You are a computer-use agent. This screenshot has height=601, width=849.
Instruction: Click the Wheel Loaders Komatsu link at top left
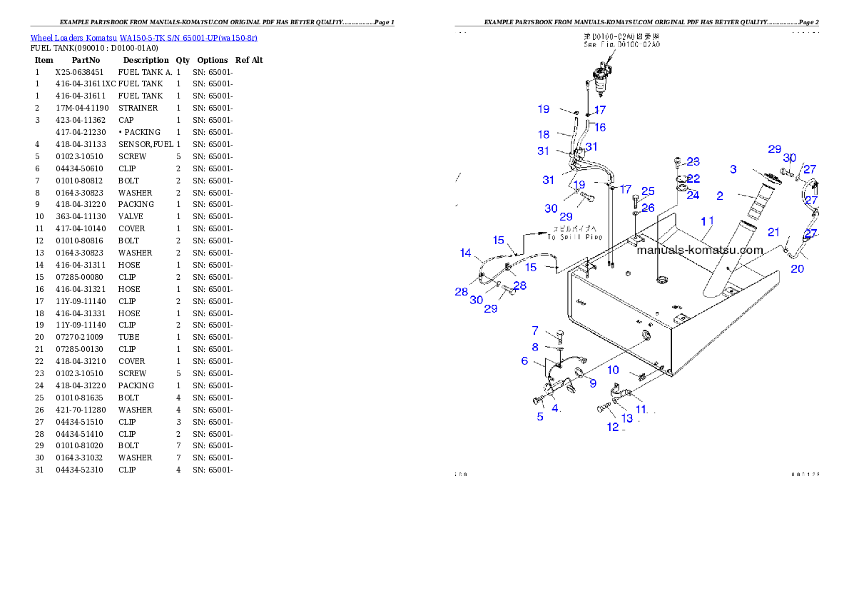(x=143, y=38)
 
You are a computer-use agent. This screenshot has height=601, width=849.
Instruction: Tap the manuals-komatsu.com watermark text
(x=699, y=250)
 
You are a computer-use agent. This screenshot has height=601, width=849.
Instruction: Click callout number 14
(x=466, y=253)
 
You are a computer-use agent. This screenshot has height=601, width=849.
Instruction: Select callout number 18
(x=544, y=134)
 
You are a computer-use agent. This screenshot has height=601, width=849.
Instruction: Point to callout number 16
(x=600, y=128)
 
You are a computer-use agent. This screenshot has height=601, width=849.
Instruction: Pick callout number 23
(x=693, y=162)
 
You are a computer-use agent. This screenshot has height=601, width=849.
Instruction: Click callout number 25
(x=648, y=191)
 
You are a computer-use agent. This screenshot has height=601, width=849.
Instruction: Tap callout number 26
(x=648, y=208)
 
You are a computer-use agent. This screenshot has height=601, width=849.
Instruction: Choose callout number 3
(x=733, y=169)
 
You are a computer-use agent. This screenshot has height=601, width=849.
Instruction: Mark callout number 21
(x=774, y=232)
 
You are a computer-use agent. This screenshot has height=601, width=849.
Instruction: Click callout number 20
(x=798, y=269)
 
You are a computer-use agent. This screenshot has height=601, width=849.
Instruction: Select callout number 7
(x=535, y=331)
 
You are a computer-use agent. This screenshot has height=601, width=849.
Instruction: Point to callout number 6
(x=524, y=361)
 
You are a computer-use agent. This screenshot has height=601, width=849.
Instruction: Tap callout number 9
(x=592, y=383)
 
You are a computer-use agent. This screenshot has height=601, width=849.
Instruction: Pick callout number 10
(x=614, y=370)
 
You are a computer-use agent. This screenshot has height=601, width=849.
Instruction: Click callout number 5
(x=540, y=417)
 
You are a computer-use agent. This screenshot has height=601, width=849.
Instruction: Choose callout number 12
(x=613, y=428)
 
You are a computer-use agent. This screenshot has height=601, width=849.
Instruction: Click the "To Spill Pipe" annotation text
(x=575, y=233)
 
